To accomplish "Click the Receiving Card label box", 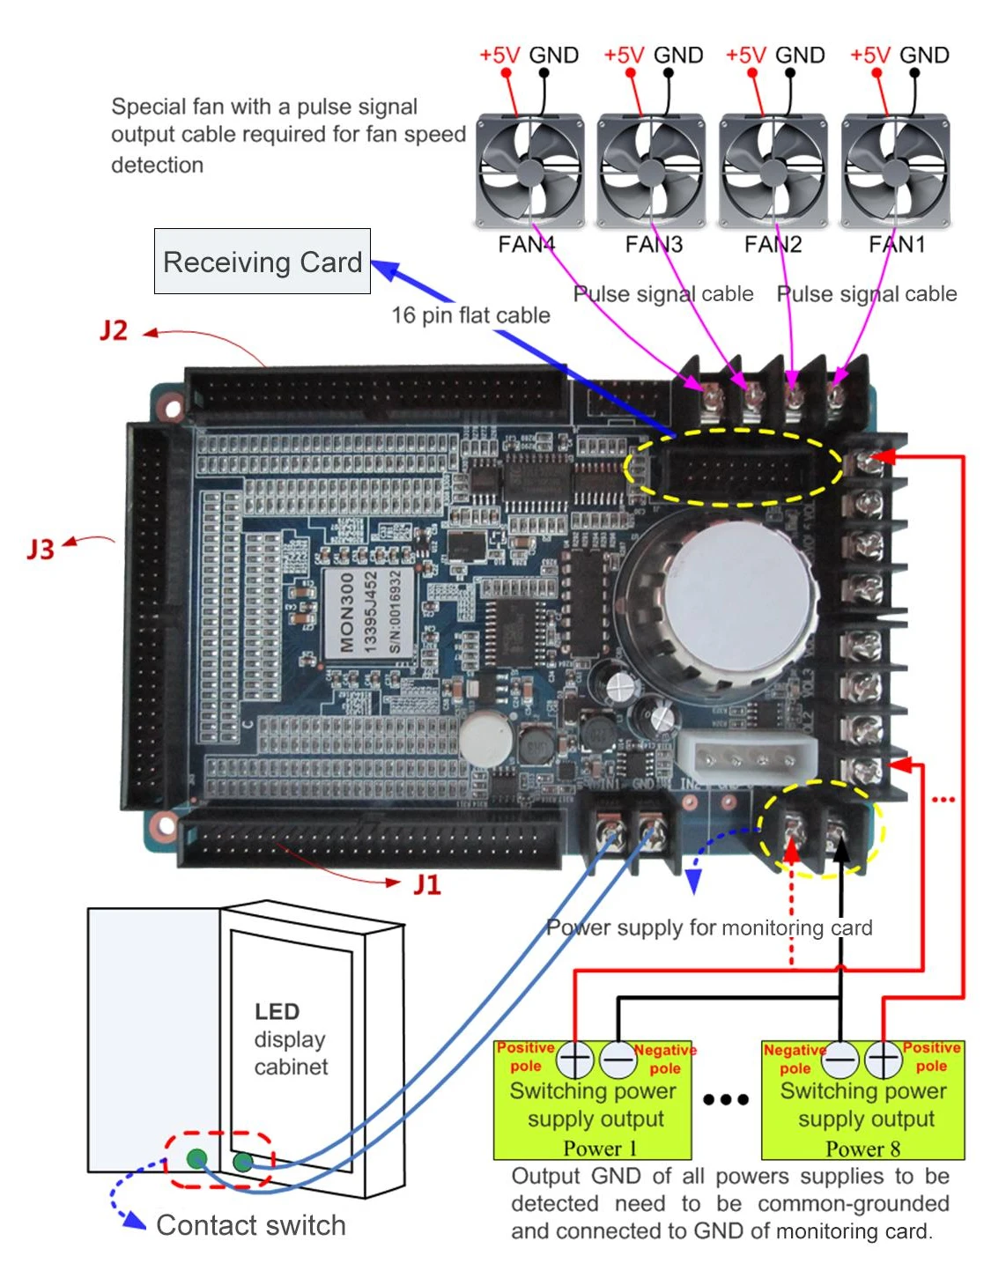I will click(x=263, y=262).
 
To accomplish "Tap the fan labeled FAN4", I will click(x=530, y=171).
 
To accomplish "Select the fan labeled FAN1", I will click(x=896, y=171).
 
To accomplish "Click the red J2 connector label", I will click(x=114, y=331).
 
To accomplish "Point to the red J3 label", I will click(x=41, y=550).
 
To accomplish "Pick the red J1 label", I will click(x=427, y=884).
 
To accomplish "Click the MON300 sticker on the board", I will click(x=345, y=613).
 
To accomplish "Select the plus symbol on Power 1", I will click(x=575, y=1060).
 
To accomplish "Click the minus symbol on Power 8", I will click(x=841, y=1060).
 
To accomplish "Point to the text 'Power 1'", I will click(x=599, y=1149).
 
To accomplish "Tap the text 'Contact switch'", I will click(x=251, y=1225).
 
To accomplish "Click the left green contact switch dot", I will click(x=197, y=1158).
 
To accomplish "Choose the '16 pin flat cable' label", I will click(x=470, y=315).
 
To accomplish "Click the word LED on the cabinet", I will click(x=277, y=1011).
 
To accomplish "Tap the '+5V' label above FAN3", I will click(x=624, y=55).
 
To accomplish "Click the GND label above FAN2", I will click(x=800, y=55).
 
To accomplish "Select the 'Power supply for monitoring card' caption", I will click(x=709, y=927).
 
